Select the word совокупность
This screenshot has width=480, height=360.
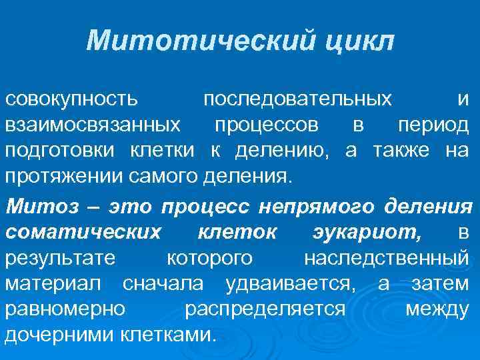click(72, 99)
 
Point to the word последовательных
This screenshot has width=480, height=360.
click(297, 99)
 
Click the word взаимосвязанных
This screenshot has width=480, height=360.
click(93, 125)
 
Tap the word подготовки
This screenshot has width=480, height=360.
click(62, 151)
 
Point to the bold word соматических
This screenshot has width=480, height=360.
click(83, 232)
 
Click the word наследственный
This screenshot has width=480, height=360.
click(386, 258)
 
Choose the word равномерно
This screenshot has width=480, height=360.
click(65, 309)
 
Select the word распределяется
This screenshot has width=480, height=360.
click(265, 309)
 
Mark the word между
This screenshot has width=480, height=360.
click(437, 309)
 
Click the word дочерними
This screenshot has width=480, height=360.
click(62, 335)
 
